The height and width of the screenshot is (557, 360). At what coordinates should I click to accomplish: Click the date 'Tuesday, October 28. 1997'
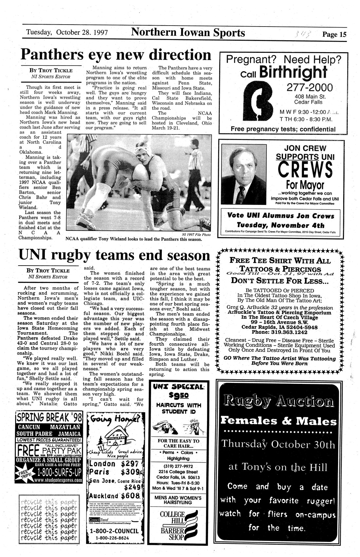point(67,32)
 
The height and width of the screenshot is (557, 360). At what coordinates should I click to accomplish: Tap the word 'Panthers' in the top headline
point(51,54)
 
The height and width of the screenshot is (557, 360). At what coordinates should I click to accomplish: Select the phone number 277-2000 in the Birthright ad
point(310,88)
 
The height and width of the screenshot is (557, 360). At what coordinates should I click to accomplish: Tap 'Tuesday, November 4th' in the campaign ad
point(280,225)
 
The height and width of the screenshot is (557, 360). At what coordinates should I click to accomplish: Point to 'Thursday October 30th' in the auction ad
point(278,445)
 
